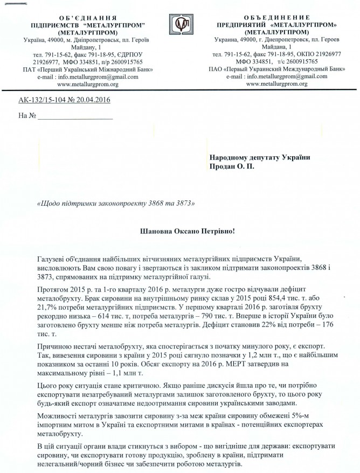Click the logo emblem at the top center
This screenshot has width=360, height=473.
pyautogui.click(x=179, y=24)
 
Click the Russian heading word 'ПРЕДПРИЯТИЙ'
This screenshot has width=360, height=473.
pyautogui.click(x=239, y=25)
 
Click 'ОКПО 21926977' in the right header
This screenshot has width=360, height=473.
pyautogui.click(x=317, y=54)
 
